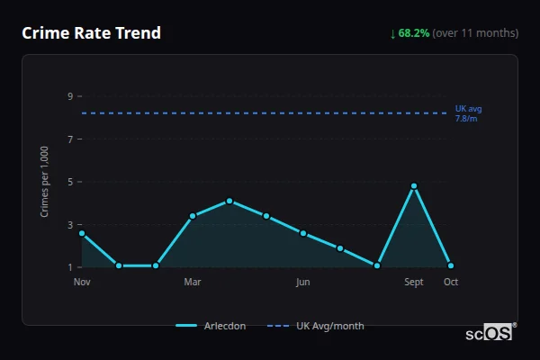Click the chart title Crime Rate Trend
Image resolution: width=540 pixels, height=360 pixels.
pos(92,33)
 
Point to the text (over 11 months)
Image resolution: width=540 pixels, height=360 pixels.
pos(475,33)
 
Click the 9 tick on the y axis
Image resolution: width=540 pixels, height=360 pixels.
pos(68,96)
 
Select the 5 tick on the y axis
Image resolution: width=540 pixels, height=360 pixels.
pos(68,182)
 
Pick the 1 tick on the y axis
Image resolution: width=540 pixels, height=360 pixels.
pos(68,267)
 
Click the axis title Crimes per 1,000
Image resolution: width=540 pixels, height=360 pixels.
pos(45,182)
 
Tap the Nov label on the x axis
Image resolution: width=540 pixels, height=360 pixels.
pos(82,282)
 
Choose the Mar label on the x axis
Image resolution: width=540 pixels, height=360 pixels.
pos(193,282)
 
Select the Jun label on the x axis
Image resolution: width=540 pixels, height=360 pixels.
pos(303,282)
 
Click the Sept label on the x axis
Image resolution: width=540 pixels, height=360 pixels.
pos(414,282)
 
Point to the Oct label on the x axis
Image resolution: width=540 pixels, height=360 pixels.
pos(451,282)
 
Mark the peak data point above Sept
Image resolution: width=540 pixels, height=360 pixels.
pos(414,186)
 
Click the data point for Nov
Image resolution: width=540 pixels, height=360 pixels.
pos(82,233)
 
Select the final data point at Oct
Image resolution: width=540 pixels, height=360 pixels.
pos(451,265)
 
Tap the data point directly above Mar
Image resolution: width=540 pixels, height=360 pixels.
pos(193,216)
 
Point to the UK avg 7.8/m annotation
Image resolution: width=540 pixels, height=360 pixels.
pos(468,113)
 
